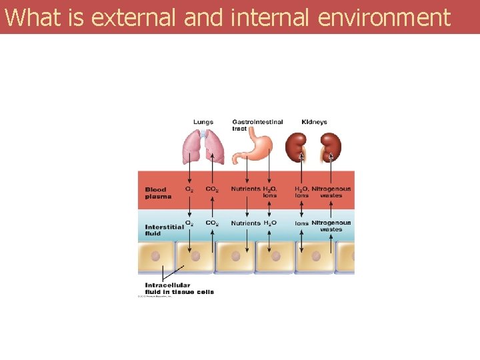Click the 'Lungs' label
click(x=203, y=122)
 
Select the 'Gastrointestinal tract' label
click(x=257, y=125)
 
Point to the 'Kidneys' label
click(x=314, y=122)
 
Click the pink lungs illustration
click(x=204, y=147)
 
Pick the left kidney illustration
click(x=296, y=147)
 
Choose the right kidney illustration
click(x=329, y=147)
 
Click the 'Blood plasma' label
click(x=158, y=193)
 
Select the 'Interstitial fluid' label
click(x=164, y=230)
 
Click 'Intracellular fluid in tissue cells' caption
click(x=179, y=289)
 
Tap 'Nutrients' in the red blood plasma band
click(x=246, y=189)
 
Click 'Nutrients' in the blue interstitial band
click(x=246, y=223)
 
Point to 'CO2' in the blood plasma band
click(x=212, y=189)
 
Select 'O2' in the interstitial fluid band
click(x=189, y=223)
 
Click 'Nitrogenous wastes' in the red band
click(x=331, y=192)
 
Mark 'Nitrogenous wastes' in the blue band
click(x=331, y=226)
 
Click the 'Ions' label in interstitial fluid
click(x=301, y=223)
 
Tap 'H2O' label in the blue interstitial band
click(x=271, y=223)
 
